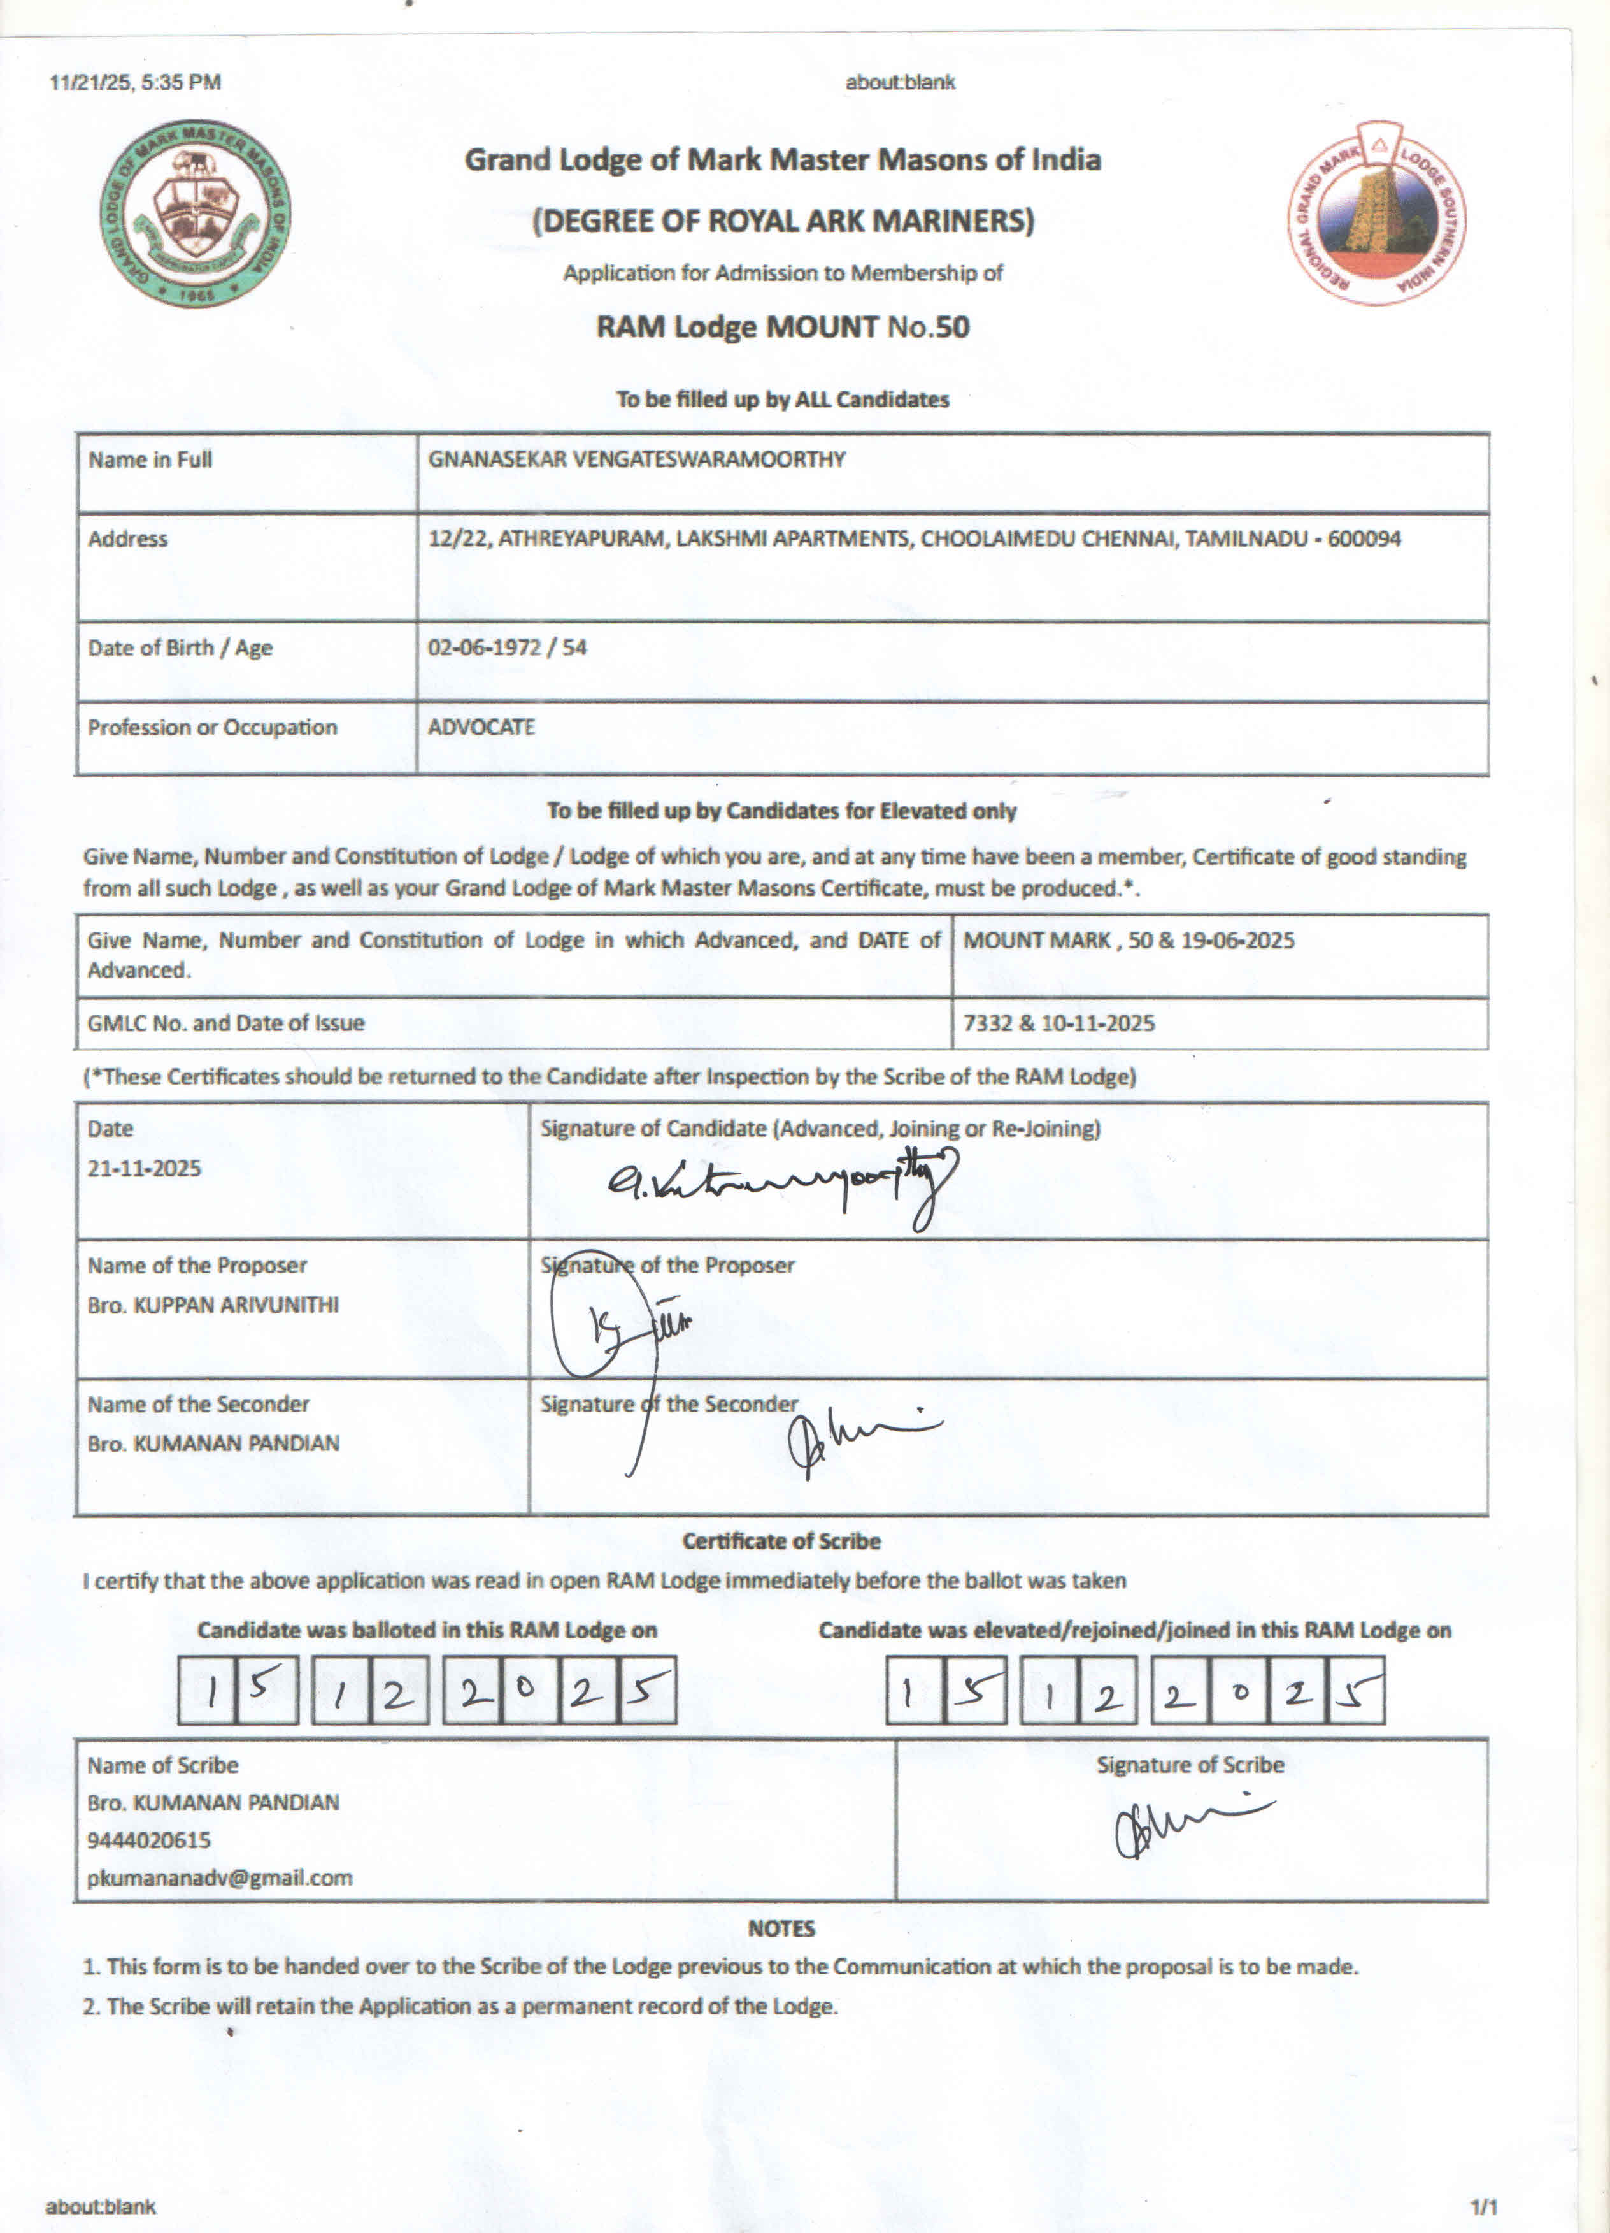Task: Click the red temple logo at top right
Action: [1377, 213]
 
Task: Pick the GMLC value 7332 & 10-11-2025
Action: [1058, 1023]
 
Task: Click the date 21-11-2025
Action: [144, 1169]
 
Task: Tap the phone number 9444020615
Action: [148, 1839]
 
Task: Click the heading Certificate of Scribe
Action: [781, 1541]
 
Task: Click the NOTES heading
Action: [781, 1928]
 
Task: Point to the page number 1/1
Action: [1483, 2206]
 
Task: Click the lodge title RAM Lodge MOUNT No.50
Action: [782, 327]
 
